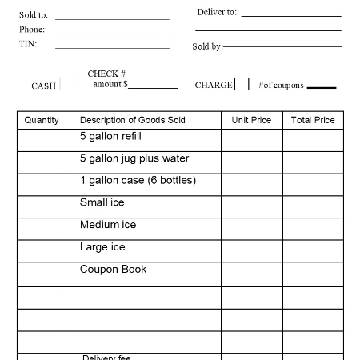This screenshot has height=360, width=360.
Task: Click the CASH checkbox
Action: click(x=67, y=84)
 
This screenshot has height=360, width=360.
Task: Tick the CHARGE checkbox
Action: click(x=242, y=84)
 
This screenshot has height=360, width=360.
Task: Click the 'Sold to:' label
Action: click(x=34, y=15)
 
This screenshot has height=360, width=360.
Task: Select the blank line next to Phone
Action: click(x=112, y=33)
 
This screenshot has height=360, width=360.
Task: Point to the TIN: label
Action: click(x=28, y=44)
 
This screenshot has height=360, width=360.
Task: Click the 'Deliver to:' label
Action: click(x=217, y=12)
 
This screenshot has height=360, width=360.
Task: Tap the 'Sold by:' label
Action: click(x=207, y=46)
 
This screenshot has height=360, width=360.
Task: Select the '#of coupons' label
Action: click(x=281, y=85)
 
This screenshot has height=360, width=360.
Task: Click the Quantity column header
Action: click(x=42, y=120)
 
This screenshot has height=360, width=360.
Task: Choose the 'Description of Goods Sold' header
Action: click(x=133, y=120)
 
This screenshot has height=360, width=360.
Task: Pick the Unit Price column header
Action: click(x=251, y=120)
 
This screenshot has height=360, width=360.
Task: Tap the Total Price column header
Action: click(x=313, y=120)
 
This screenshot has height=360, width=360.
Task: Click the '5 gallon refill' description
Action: click(x=110, y=136)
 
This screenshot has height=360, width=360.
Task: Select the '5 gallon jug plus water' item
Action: click(x=134, y=158)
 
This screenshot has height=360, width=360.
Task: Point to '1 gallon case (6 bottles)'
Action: click(x=138, y=180)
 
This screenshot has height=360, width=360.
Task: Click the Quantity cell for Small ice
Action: click(x=42, y=206)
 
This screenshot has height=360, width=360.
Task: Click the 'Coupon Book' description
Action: click(x=113, y=270)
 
